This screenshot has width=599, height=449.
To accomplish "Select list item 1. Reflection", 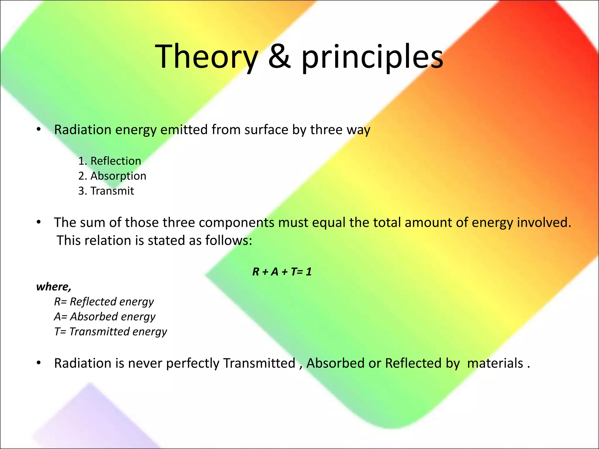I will (110, 161).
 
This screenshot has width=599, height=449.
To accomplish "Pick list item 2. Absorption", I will (112, 176).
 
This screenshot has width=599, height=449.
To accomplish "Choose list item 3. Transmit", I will (106, 191).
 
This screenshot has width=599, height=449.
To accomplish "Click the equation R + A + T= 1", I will (282, 272).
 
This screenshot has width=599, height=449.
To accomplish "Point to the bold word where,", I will (54, 287).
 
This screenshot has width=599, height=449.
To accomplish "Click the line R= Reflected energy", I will (104, 302).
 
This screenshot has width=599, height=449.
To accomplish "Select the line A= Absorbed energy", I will (105, 317).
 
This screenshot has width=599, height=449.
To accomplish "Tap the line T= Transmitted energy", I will (111, 332).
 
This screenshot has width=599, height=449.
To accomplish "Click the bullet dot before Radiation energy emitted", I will (39, 129).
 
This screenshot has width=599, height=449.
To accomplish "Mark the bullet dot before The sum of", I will (39, 222).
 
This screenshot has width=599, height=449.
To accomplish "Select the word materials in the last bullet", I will (495, 363).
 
